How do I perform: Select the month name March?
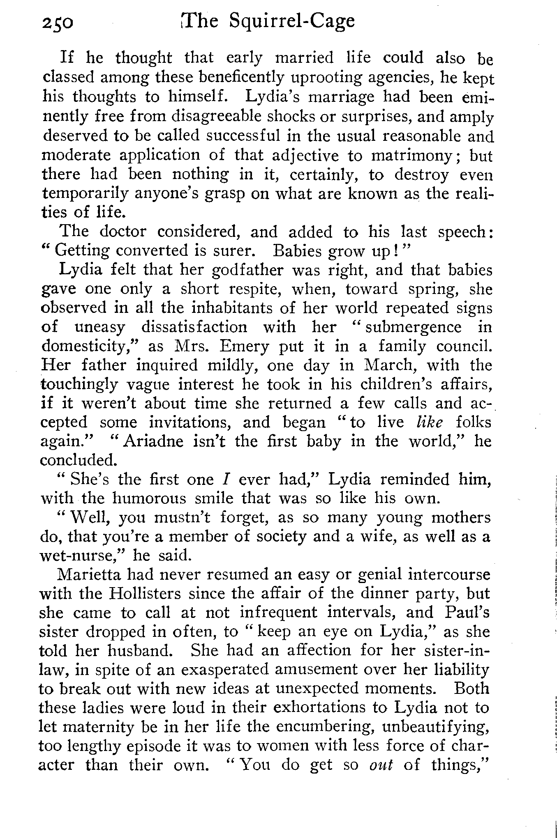click(390, 365)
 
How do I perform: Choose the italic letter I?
click(225, 479)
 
